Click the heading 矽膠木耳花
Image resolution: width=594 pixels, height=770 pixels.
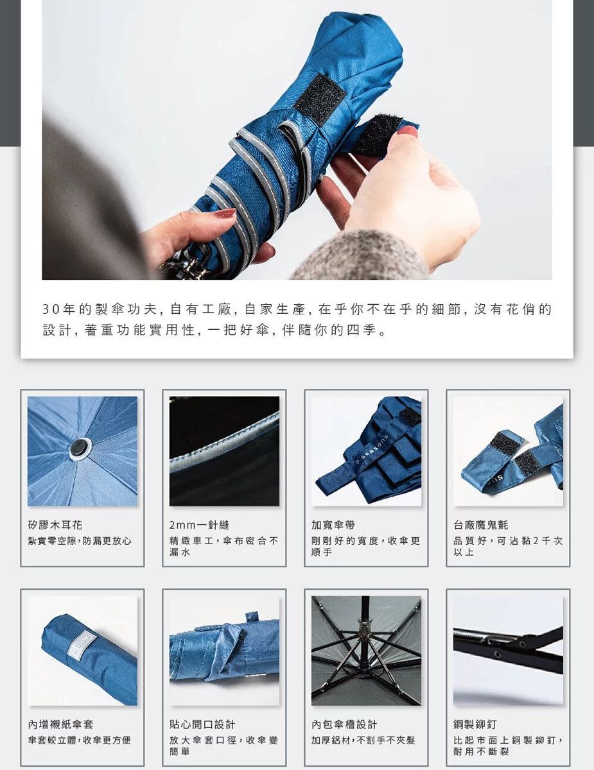point(55,525)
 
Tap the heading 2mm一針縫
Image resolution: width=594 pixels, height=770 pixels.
point(199,525)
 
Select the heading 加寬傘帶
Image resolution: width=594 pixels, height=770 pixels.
point(333,525)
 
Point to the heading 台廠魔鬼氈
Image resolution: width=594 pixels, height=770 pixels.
point(481,525)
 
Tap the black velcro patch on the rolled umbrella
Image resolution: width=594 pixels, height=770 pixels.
point(320,99)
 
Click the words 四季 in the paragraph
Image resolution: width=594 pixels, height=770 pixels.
point(362,330)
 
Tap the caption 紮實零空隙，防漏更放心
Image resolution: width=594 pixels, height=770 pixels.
point(80,541)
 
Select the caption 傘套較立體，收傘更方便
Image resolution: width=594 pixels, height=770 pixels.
point(80,740)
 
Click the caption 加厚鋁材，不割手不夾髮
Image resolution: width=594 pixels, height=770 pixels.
point(363,740)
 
